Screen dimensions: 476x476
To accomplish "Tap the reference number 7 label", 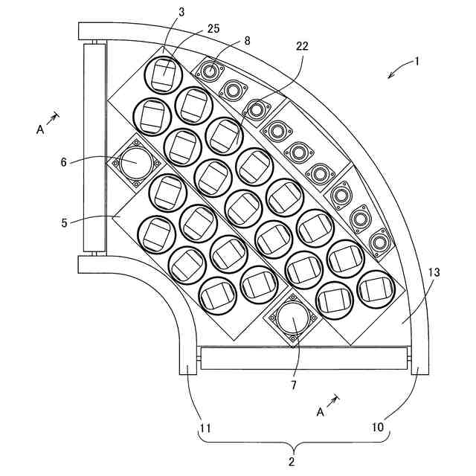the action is point(294,385).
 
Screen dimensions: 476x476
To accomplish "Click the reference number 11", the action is point(205,428).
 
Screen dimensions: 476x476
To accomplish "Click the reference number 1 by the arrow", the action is point(417,62).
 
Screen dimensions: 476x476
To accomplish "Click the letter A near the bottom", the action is point(321,411).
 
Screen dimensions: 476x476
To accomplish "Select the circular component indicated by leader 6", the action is point(136,162).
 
